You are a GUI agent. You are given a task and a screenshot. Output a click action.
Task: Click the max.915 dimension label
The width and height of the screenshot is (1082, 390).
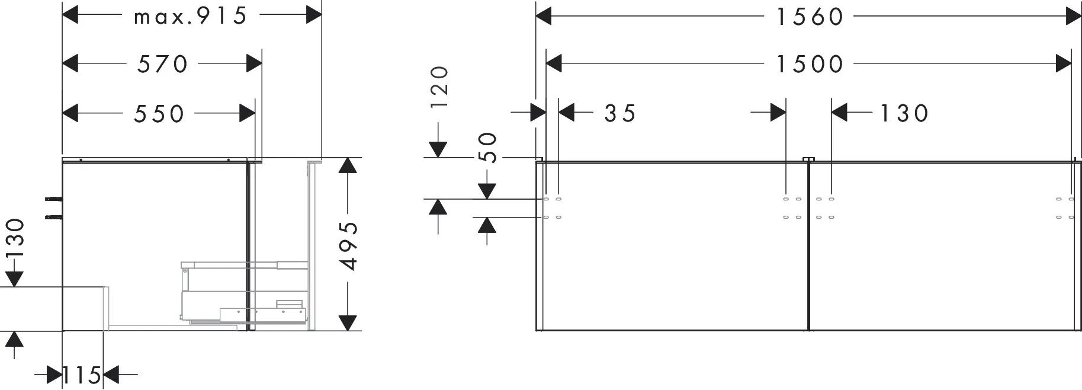point(190,16)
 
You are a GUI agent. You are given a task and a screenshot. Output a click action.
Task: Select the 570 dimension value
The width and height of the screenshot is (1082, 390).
point(163,64)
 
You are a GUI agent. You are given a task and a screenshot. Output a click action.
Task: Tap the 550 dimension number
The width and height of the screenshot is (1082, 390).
point(159,113)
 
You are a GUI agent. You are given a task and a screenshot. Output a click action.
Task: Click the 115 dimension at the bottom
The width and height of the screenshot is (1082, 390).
point(82,375)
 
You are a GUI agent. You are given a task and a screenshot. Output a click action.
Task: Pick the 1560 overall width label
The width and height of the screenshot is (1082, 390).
point(810,17)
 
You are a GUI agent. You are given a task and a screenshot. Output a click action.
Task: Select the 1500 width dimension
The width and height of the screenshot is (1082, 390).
point(810,64)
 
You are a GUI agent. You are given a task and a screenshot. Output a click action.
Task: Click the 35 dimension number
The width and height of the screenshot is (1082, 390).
point(620,113)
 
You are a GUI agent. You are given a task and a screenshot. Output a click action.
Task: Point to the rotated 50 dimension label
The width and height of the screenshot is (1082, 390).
point(487,147)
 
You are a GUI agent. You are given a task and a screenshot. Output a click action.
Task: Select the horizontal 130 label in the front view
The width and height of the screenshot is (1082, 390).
point(904,113)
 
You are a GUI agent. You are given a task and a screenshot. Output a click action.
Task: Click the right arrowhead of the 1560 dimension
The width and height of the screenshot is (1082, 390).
point(1074,17)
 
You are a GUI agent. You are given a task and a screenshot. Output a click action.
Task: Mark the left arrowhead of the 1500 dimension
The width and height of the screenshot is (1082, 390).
point(554,64)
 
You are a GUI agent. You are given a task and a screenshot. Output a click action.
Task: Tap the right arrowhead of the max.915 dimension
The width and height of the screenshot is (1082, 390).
point(314,16)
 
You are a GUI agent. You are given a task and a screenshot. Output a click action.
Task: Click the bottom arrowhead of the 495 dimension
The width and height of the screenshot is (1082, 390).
point(349,323)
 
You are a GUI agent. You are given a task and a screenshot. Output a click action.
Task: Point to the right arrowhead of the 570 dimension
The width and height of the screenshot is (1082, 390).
point(254,64)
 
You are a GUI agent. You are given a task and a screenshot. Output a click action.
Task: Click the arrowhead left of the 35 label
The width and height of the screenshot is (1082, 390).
point(567,113)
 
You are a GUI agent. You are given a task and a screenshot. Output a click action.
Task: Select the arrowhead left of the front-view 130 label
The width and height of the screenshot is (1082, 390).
point(840,113)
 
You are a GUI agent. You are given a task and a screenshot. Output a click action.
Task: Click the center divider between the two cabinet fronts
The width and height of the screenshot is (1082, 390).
point(808,245)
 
